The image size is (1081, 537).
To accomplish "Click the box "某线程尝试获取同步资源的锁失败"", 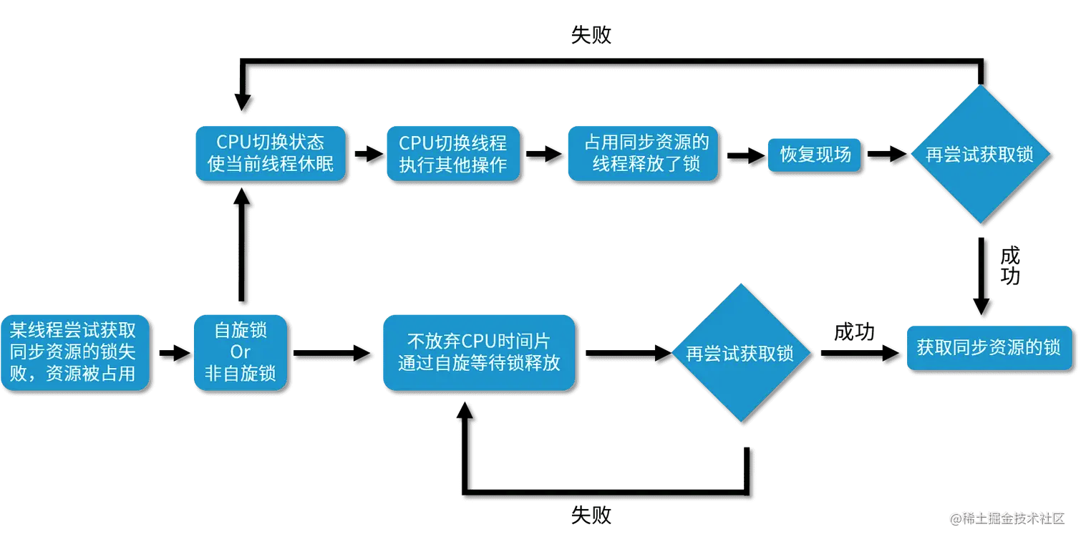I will [x=74, y=352].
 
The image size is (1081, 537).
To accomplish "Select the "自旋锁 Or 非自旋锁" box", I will [x=241, y=352].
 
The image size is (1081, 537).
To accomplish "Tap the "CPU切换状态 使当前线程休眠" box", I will [x=271, y=153].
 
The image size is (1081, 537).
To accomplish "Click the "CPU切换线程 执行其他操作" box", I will [x=452, y=153].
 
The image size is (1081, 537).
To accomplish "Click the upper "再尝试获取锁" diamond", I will [x=979, y=155].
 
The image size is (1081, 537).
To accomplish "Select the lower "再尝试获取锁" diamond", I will [x=740, y=353].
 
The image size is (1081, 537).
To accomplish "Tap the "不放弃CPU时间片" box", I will [x=478, y=352].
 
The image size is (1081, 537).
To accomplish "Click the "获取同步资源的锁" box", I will [x=989, y=348].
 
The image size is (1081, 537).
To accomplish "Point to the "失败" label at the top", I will [x=591, y=34].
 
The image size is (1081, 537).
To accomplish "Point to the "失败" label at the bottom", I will [x=591, y=514].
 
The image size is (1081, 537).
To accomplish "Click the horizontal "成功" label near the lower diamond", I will [x=854, y=332].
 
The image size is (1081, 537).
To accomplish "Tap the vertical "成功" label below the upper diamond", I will [x=1009, y=266].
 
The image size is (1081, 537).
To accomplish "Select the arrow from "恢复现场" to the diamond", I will [x=887, y=153].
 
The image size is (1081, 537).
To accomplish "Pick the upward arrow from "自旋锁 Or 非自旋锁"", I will [x=242, y=243].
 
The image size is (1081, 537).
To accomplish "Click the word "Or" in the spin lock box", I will [x=241, y=352].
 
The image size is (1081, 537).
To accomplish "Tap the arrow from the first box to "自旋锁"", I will [x=174, y=352].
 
